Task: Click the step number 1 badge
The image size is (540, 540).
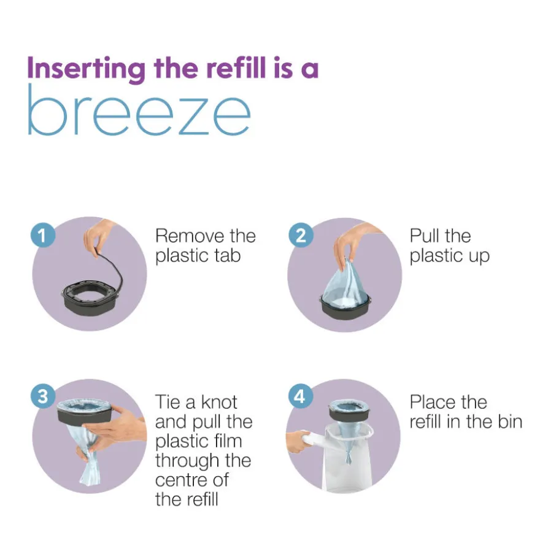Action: click(x=43, y=236)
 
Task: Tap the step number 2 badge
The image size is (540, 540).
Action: click(x=301, y=236)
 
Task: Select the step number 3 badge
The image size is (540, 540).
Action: click(x=43, y=396)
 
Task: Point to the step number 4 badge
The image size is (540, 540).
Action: click(x=300, y=396)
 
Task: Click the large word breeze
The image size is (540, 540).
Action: click(x=139, y=110)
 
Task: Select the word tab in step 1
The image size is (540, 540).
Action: click(x=227, y=255)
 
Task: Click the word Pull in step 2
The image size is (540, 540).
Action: click(x=424, y=236)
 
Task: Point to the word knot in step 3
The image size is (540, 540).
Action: click(x=219, y=402)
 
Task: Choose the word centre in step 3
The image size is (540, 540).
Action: click(x=181, y=480)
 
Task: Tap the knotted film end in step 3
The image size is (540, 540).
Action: click(x=88, y=466)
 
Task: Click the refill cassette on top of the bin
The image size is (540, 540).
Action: click(x=347, y=410)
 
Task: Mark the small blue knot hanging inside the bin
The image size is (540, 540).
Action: click(x=348, y=457)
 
